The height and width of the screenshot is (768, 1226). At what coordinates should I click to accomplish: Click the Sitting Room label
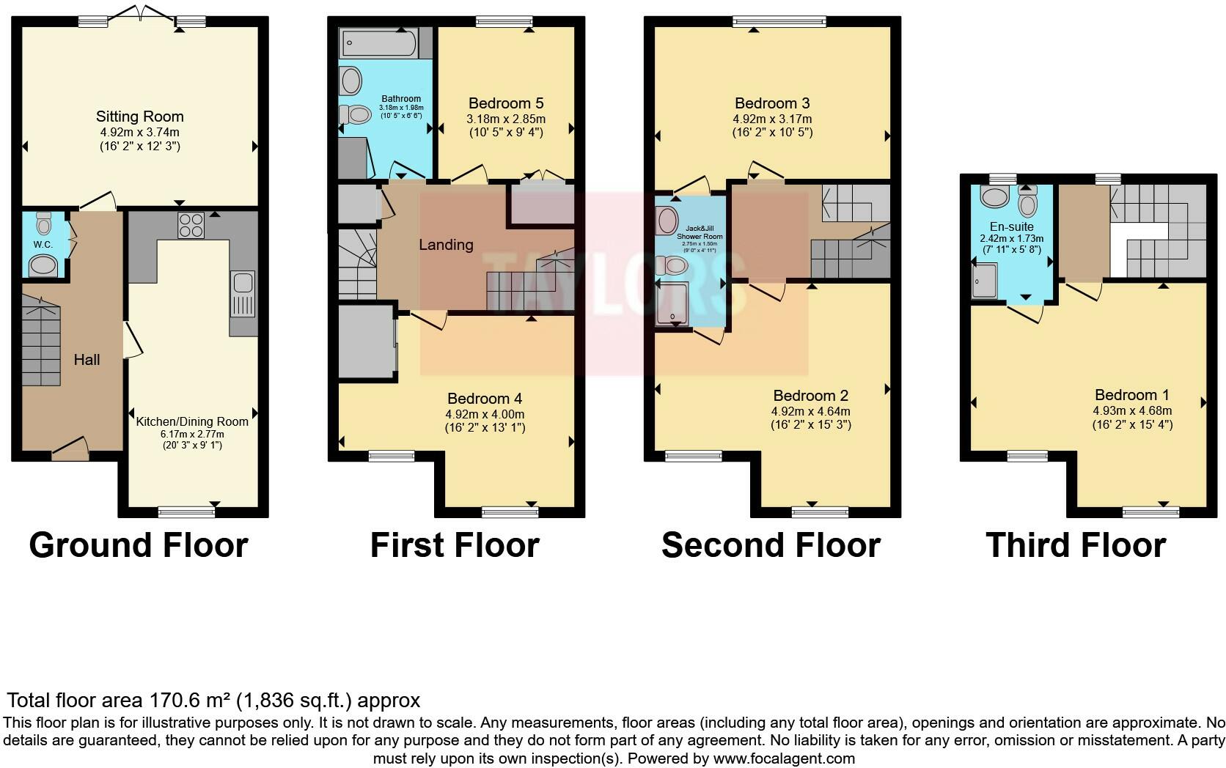[x=139, y=117]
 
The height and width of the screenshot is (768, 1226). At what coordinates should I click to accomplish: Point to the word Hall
[x=87, y=360]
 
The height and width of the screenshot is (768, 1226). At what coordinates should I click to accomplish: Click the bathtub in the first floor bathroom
[x=377, y=45]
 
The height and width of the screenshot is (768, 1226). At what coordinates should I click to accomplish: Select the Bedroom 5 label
[x=506, y=103]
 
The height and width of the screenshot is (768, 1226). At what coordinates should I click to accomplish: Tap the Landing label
[x=446, y=245]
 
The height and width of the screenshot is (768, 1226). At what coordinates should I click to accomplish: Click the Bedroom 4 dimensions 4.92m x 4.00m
[x=485, y=413]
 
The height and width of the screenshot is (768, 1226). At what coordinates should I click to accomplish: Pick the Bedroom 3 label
[x=772, y=103]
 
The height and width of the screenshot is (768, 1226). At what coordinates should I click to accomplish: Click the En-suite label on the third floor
[x=1011, y=227]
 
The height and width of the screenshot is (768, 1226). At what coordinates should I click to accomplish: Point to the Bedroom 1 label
[x=1131, y=395]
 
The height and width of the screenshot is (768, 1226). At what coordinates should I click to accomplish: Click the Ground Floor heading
[x=139, y=545]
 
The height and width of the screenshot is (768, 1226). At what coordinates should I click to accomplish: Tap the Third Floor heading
[x=1076, y=545]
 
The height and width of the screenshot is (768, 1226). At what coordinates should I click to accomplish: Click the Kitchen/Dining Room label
[x=192, y=421]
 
